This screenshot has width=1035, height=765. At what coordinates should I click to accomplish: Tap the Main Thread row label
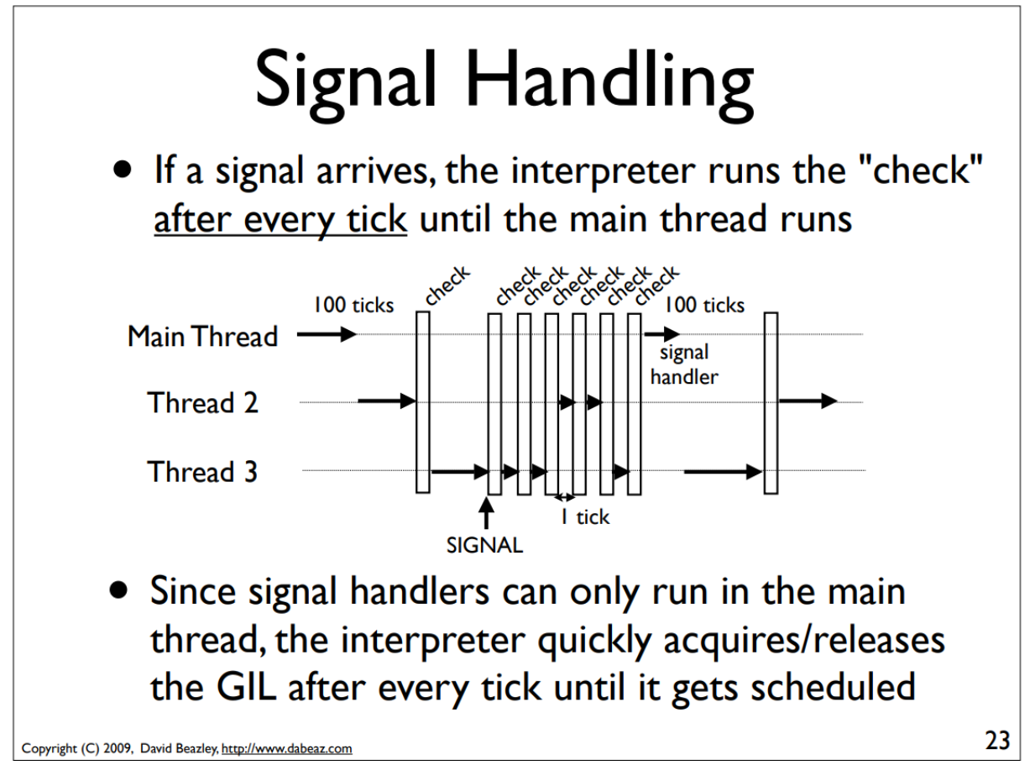[x=202, y=336]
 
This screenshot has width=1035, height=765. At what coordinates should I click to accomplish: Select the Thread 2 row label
[x=203, y=403]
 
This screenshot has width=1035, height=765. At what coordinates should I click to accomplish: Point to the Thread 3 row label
[x=203, y=471]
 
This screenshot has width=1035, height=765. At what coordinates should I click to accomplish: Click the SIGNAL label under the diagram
[x=483, y=545]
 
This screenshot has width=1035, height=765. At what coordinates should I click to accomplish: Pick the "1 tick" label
[x=584, y=516]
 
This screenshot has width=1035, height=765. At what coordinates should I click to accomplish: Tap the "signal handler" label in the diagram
[x=684, y=365]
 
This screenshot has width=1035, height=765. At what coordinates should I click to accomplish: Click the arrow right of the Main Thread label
[x=327, y=335]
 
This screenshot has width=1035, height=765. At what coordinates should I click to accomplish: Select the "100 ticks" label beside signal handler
[x=703, y=305]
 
